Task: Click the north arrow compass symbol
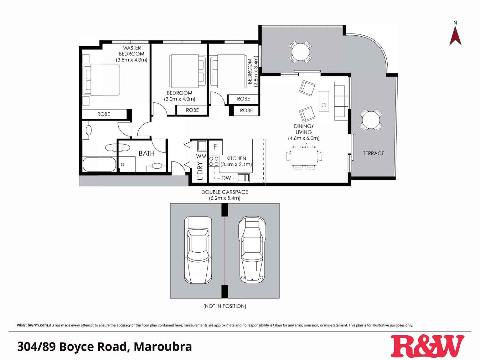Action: tap(455, 34)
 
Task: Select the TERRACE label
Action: tap(374, 153)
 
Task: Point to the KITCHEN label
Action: tap(236, 158)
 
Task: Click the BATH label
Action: tap(147, 153)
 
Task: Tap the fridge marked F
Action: tap(215, 147)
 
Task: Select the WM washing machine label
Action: tap(201, 156)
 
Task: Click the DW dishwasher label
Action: tap(226, 178)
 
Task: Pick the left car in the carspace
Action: tap(198, 250)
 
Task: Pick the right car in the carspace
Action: tap(252, 249)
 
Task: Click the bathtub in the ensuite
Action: tap(99, 164)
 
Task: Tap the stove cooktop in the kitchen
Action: tap(214, 162)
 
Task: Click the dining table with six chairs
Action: tap(304, 156)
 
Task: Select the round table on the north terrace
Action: tap(301, 51)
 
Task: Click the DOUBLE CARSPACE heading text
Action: tap(225, 192)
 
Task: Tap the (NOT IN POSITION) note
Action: tap(225, 306)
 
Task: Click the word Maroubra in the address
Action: tap(163, 347)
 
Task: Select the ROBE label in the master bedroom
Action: tap(104, 114)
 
